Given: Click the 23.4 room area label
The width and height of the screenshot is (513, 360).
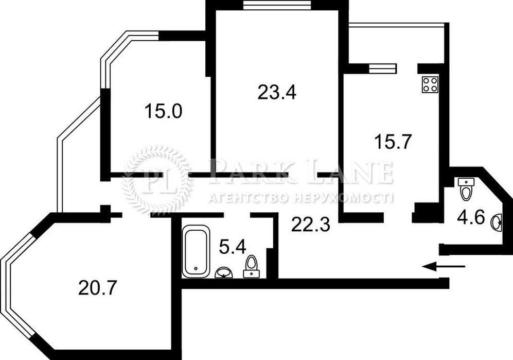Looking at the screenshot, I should click(x=276, y=93).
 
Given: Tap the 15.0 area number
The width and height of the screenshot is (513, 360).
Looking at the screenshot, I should click(x=163, y=111).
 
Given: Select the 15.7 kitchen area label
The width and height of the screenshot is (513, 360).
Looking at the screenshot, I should click(x=392, y=141).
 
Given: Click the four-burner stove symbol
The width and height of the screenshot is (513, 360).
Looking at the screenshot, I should click(x=430, y=84).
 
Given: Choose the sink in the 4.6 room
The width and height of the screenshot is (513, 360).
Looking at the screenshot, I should click(x=497, y=222).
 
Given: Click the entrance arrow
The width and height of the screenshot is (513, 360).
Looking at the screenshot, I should click(x=444, y=266).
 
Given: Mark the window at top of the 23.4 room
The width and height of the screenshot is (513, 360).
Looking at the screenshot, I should click(x=277, y=5).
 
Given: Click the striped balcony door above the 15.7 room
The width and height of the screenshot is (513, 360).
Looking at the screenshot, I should click(x=382, y=68).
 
